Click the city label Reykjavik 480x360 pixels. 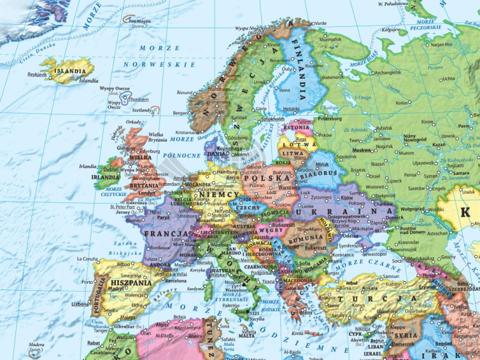tap(38, 74)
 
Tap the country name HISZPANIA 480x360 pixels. tap(131, 282)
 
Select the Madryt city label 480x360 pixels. tap(115, 289)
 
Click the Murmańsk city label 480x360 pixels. tap(330, 39)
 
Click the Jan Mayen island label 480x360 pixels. tap(139, 21)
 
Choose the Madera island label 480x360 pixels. tap(36, 345)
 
